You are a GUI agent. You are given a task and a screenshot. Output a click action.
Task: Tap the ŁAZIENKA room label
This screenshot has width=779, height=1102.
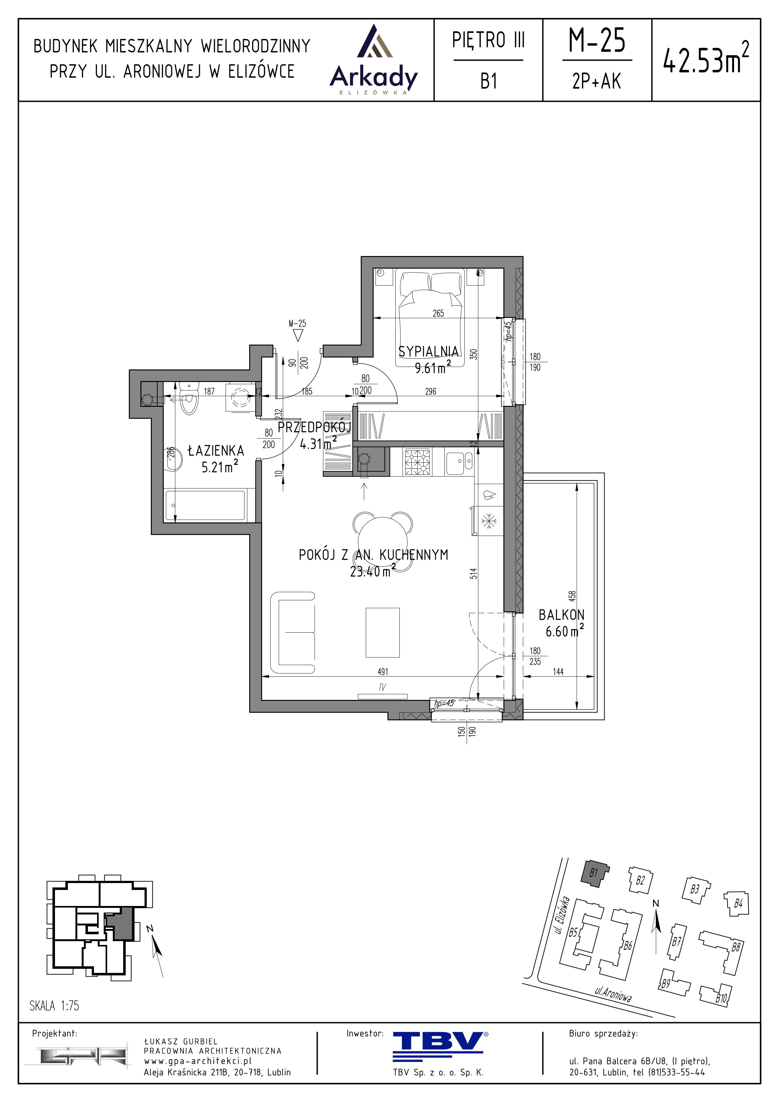click(216, 451)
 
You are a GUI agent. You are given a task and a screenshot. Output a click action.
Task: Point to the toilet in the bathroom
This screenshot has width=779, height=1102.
click(189, 397)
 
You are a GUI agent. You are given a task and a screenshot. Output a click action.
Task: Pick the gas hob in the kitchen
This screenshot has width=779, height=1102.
click(417, 462)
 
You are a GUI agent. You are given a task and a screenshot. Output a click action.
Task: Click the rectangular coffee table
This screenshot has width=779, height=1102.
click(382, 633)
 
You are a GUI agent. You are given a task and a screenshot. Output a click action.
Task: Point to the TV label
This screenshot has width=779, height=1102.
click(382, 687)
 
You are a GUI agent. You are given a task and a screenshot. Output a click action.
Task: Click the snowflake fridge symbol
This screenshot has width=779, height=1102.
click(489, 521)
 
